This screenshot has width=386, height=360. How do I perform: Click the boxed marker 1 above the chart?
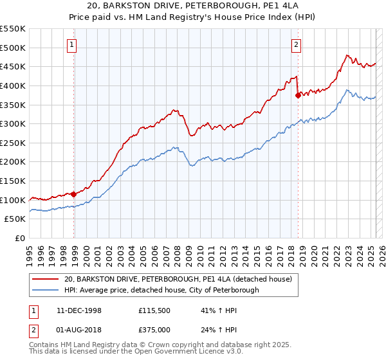click(x=71, y=45)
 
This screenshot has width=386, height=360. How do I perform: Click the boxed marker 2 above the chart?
click(x=296, y=45)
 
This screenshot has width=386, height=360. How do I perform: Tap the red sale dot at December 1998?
click(x=74, y=194)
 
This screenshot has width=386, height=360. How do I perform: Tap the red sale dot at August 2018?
click(x=298, y=95)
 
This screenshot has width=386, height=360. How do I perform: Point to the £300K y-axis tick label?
click(x=13, y=123)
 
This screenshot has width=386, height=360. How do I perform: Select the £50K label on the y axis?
click(x=15, y=219)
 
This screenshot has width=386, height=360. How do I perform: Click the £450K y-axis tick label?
click(x=13, y=66)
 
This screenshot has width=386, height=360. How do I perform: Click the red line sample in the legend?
click(x=45, y=279)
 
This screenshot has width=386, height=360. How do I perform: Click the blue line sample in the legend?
click(x=45, y=291)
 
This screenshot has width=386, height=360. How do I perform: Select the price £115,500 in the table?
click(x=153, y=310)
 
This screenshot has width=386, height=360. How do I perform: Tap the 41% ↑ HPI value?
click(x=207, y=310)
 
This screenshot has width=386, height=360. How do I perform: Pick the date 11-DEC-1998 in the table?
click(x=77, y=310)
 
